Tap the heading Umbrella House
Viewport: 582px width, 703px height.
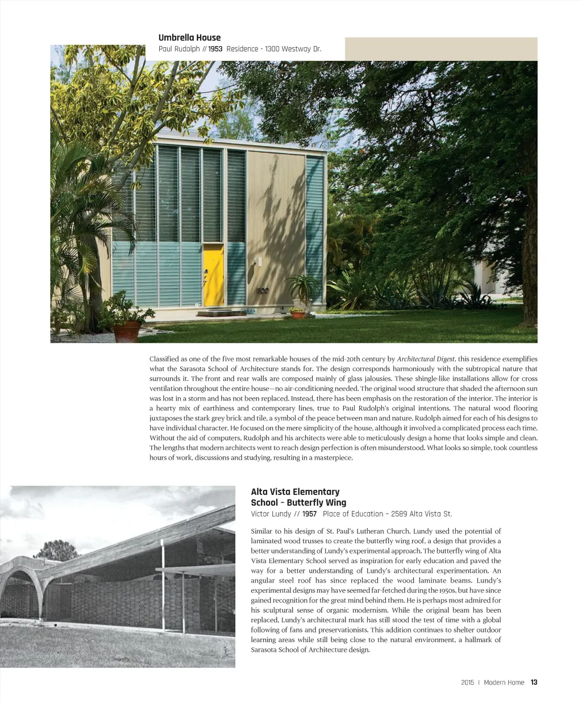(x=189, y=38)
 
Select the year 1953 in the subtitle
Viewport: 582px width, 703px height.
(x=215, y=49)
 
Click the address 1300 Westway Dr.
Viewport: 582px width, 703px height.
(x=293, y=49)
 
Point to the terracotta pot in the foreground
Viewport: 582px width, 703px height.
(x=127, y=331)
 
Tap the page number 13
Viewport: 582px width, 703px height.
(x=534, y=683)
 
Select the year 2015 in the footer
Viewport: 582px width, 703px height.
(x=467, y=683)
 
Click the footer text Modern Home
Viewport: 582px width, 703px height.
(x=504, y=683)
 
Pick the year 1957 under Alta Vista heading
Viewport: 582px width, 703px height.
(x=309, y=514)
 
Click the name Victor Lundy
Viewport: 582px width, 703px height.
(x=271, y=514)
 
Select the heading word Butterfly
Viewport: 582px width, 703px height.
(x=307, y=502)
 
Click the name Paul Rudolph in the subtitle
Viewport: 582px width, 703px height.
(x=179, y=49)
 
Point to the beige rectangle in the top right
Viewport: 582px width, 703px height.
(x=441, y=49)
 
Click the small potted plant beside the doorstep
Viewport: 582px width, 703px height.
(x=297, y=313)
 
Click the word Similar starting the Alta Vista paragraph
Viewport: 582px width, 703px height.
(x=261, y=531)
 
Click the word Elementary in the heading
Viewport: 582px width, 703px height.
(x=315, y=492)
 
